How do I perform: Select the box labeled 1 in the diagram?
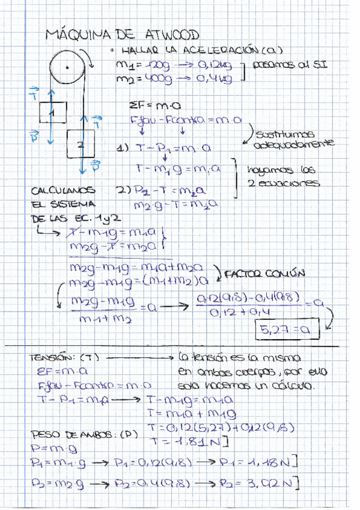pyautogui.click(x=53, y=112)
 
